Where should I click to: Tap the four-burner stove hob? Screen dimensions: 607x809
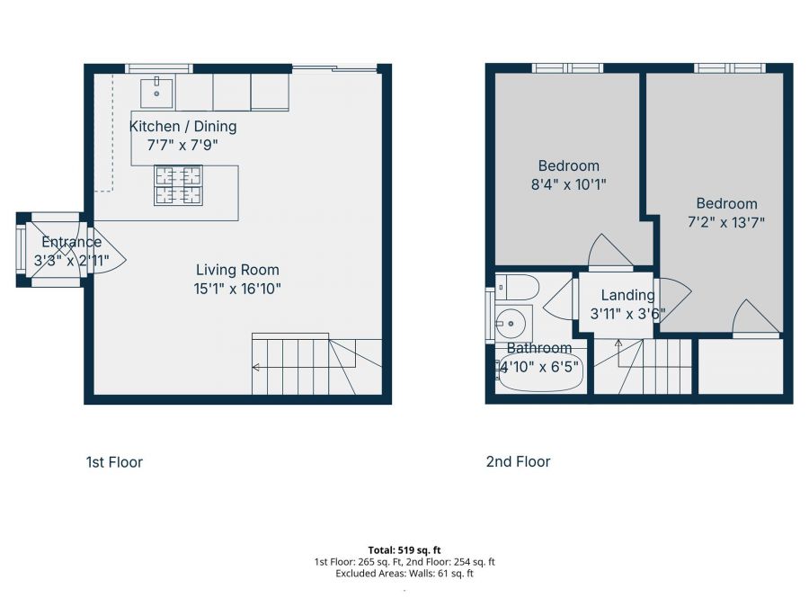click(178, 185)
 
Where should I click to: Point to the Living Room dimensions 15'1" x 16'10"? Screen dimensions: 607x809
click(237, 289)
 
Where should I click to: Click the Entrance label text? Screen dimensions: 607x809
click(71, 242)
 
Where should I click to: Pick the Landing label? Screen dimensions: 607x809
click(627, 295)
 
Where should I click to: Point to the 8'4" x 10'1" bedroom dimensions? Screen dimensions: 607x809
click(568, 185)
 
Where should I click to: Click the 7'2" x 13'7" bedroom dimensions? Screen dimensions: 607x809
click(725, 223)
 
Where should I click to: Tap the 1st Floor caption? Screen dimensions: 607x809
click(114, 462)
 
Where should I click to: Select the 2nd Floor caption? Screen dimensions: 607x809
click(518, 461)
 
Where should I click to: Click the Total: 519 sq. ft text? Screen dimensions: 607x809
click(404, 549)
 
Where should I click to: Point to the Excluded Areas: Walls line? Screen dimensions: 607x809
click(404, 573)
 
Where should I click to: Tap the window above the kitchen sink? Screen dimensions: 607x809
click(158, 68)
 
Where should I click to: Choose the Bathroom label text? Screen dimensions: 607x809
click(538, 348)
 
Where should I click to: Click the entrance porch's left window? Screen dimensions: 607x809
click(20, 250)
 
